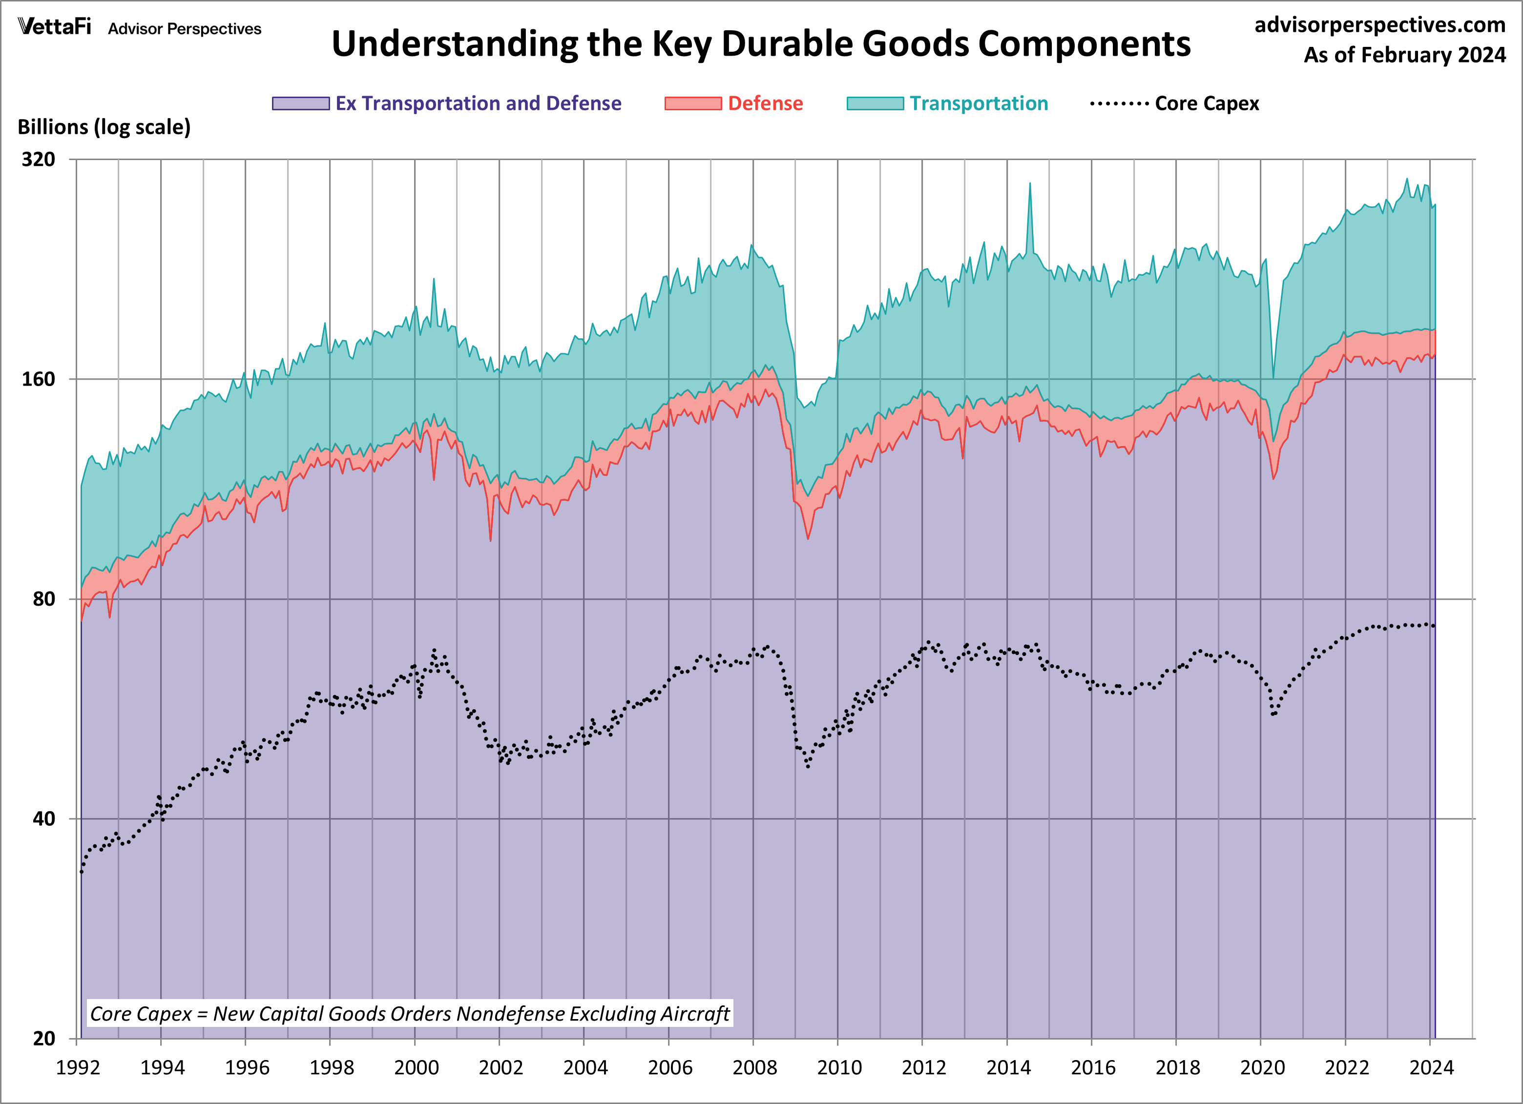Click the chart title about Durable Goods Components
[760, 44]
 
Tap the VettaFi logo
[54, 27]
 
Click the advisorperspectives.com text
[1379, 25]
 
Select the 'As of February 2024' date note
[1404, 55]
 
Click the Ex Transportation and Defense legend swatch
[300, 103]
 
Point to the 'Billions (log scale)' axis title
[104, 127]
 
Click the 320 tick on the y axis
[38, 160]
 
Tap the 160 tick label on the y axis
[38, 379]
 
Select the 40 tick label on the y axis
[43, 819]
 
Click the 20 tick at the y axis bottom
[43, 1038]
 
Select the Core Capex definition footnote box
[410, 1013]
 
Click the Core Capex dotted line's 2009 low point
[808, 766]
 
